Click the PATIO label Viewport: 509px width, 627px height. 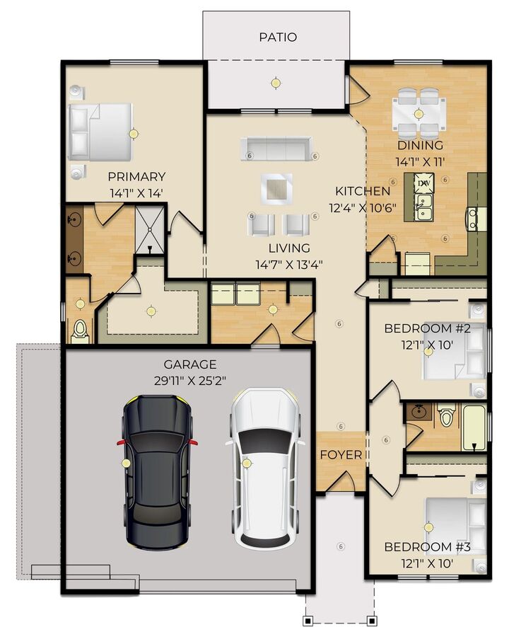pyautogui.click(x=277, y=37)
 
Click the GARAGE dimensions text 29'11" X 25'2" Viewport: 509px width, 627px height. pyautogui.click(x=189, y=381)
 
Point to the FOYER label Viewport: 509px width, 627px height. pyautogui.click(x=341, y=454)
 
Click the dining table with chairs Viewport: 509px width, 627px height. pyautogui.click(x=419, y=112)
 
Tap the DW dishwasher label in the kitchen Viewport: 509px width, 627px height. pyautogui.click(x=424, y=184)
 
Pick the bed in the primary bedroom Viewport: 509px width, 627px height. pyautogui.click(x=101, y=132)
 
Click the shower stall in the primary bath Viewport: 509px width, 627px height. pyautogui.click(x=149, y=229)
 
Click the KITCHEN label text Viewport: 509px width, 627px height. pyautogui.click(x=362, y=191)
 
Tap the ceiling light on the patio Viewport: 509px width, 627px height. pyautogui.click(x=275, y=84)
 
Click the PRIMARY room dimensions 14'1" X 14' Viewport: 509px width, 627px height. pyautogui.click(x=136, y=192)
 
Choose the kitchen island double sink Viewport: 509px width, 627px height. pyautogui.click(x=425, y=206)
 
